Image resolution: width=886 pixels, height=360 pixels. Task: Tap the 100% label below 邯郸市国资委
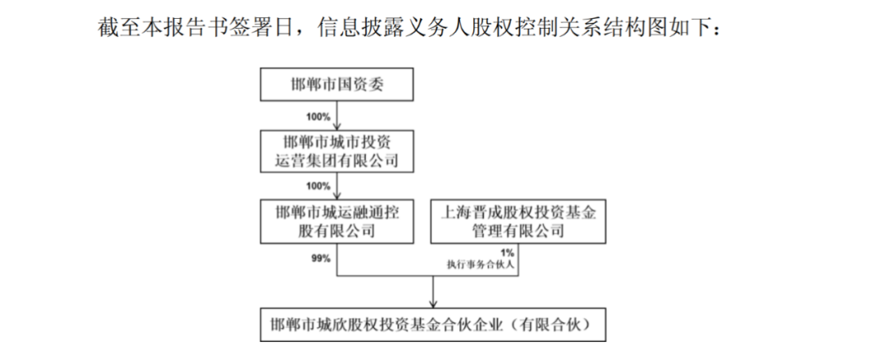(319, 116)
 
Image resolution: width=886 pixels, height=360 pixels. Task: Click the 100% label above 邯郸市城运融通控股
(319, 185)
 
